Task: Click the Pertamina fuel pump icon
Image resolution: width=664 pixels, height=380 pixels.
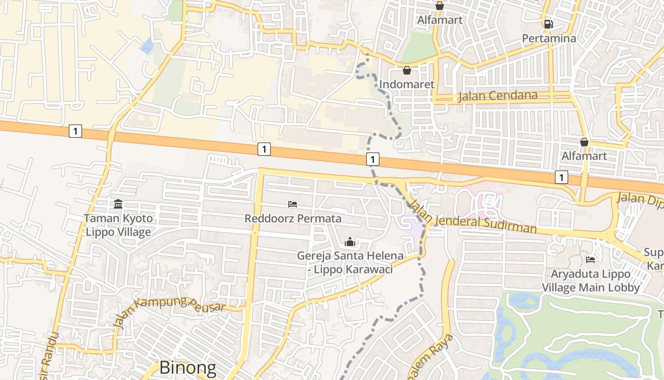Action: (x=548, y=24)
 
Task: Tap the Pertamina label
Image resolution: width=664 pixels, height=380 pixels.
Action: (x=549, y=38)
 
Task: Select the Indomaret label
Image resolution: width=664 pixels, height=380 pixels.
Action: (x=407, y=85)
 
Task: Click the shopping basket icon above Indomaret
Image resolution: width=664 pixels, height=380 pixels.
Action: (x=406, y=71)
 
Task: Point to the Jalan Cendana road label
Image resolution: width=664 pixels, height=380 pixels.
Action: (x=498, y=96)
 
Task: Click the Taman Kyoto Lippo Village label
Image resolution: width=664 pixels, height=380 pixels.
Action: (x=118, y=225)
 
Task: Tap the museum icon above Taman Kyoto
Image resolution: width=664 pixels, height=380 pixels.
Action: (x=118, y=204)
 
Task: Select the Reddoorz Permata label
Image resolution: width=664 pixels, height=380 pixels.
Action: (x=293, y=218)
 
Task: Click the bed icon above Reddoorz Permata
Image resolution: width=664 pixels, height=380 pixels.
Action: (x=293, y=204)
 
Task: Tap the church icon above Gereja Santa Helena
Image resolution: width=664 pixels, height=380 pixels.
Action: (x=350, y=242)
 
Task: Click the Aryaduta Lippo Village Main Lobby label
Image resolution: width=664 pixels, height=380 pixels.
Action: (x=590, y=280)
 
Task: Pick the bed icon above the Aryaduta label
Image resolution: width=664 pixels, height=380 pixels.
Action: (x=590, y=259)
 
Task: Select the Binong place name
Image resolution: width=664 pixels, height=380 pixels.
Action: (x=187, y=368)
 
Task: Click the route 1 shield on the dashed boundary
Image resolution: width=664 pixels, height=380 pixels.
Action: (x=373, y=159)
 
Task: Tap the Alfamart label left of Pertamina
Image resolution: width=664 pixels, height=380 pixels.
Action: (x=439, y=20)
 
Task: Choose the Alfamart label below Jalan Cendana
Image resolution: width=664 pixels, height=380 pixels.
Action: (x=584, y=156)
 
